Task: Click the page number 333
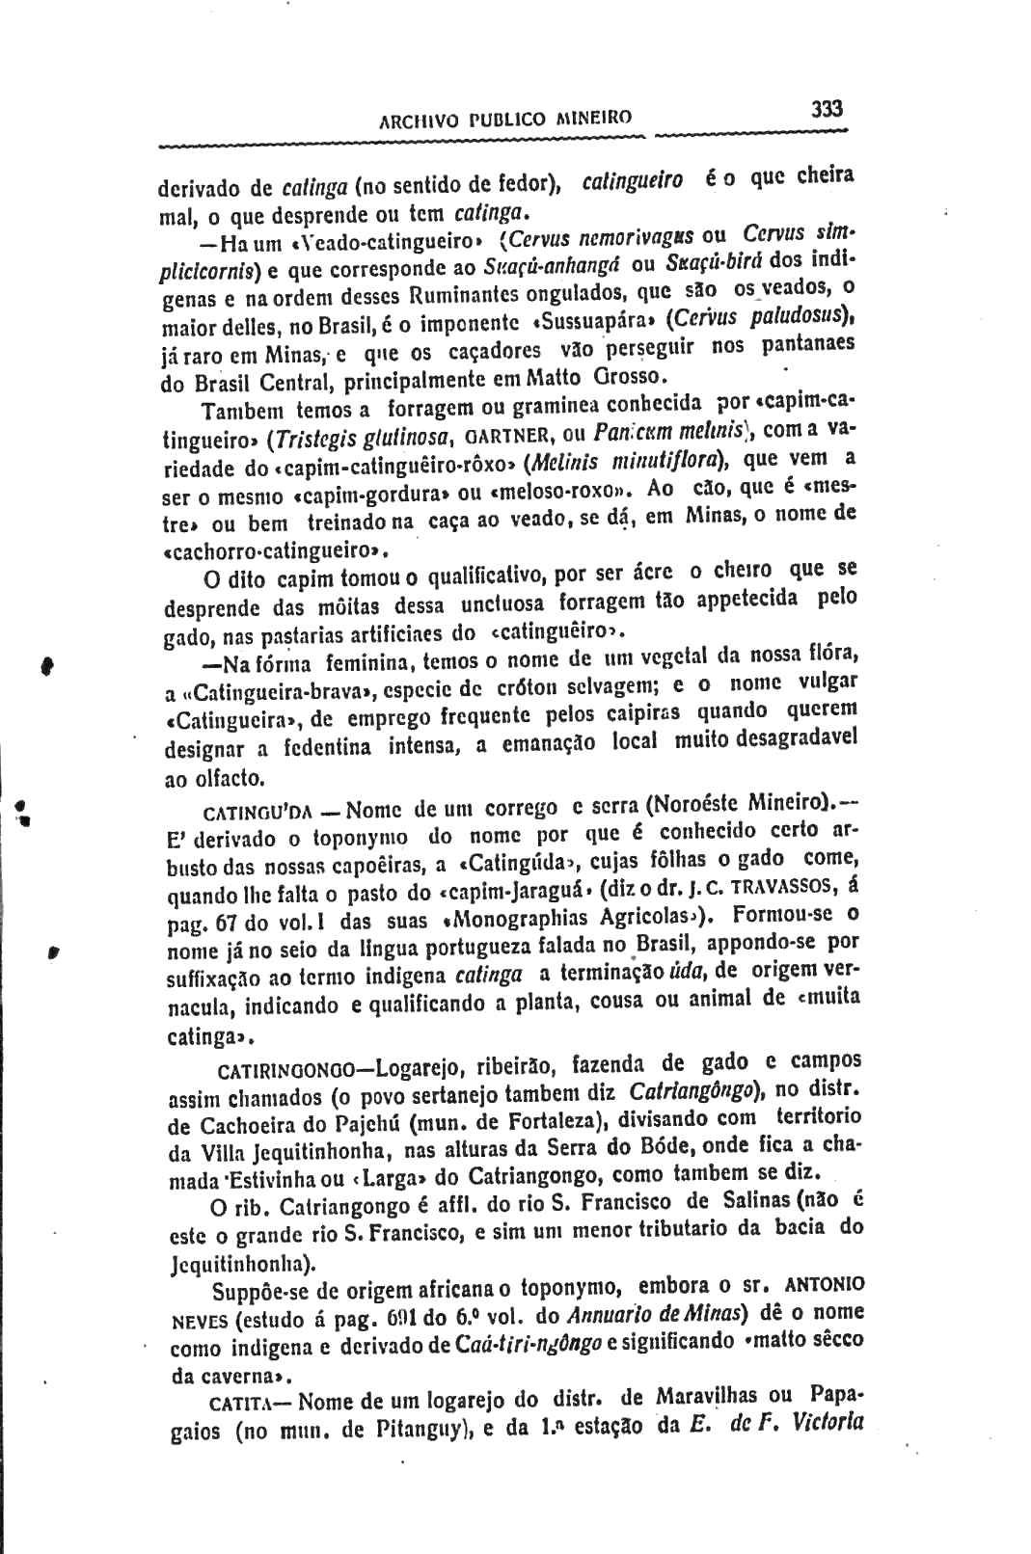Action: click(x=827, y=109)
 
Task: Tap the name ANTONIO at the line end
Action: click(x=826, y=1286)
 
